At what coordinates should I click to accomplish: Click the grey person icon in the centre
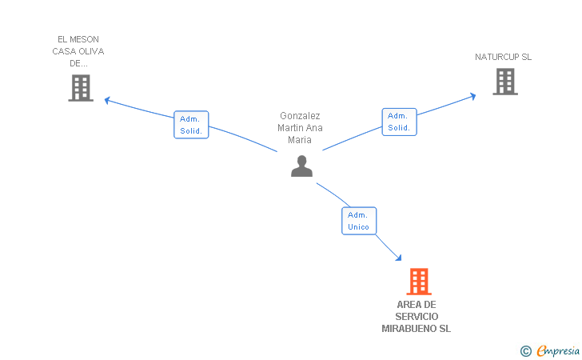301,166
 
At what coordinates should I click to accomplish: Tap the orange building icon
418,282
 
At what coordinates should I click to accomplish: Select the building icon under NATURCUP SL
504,82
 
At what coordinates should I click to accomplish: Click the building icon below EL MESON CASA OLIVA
81,88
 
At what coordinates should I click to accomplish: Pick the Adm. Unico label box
358,221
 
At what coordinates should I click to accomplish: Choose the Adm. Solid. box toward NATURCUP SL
399,122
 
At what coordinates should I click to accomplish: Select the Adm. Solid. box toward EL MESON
191,125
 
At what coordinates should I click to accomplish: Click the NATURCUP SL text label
503,57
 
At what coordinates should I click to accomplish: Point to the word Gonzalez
300,116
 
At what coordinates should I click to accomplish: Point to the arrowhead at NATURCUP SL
472,96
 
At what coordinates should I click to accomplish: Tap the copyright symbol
525,350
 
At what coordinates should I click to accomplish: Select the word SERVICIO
417,317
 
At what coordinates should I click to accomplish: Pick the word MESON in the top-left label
86,39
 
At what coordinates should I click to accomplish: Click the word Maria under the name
300,140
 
